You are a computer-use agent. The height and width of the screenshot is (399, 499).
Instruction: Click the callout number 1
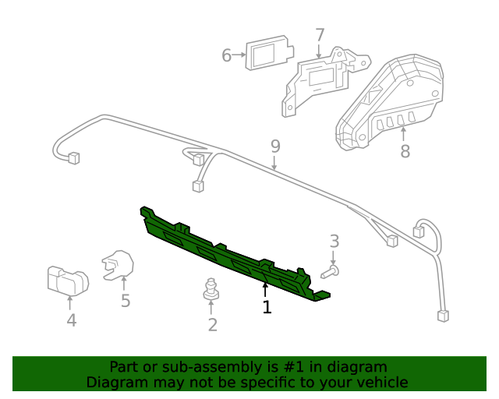[x=267, y=308]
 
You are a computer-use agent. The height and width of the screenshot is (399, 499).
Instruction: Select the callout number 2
[x=212, y=325]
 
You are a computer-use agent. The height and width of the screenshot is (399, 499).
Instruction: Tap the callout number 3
[x=334, y=241]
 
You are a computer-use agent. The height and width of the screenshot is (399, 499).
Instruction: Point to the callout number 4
[x=71, y=320]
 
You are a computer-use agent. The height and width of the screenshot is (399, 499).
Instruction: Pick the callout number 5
[x=126, y=301]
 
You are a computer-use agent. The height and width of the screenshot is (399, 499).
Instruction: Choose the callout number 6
[x=227, y=55]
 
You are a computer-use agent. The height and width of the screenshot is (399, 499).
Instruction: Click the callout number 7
[x=320, y=34]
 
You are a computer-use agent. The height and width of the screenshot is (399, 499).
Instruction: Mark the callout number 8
[x=405, y=151]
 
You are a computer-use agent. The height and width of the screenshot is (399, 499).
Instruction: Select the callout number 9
[x=274, y=146]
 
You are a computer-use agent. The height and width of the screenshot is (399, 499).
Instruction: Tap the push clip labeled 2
[x=211, y=288]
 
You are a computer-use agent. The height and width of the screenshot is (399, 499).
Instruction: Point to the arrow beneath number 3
[x=334, y=258]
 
